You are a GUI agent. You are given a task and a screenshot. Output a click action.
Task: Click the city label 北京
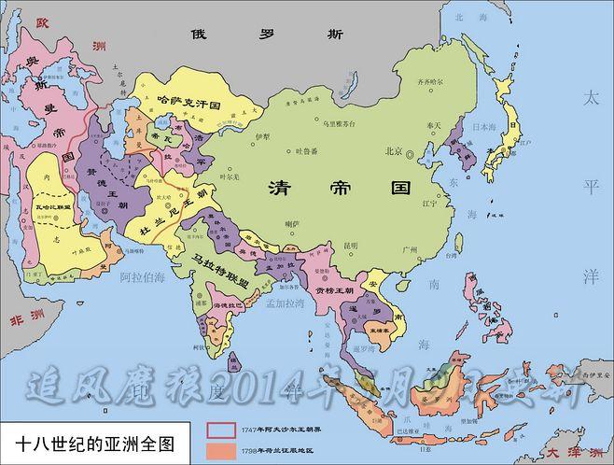point(392,151)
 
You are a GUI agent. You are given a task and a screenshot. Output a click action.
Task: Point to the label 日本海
point(483,126)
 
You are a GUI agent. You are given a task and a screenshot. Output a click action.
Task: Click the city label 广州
point(408,249)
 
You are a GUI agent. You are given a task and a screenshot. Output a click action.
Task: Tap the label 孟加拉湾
point(286,304)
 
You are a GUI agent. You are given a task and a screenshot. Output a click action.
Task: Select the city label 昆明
point(351,246)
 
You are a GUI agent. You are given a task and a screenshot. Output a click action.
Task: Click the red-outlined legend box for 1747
point(221,429)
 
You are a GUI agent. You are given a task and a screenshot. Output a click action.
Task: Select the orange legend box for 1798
point(221,448)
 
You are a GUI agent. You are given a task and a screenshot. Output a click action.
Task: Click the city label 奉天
point(433,124)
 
